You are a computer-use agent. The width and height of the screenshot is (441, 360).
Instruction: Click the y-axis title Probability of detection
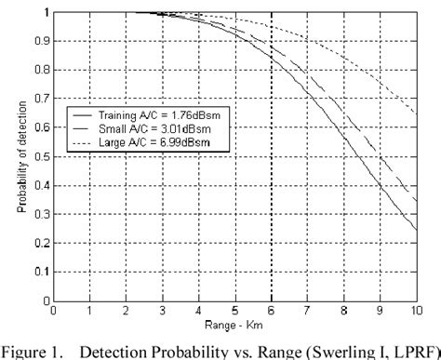20,156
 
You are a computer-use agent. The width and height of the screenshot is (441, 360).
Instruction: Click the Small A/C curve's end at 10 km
416,199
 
